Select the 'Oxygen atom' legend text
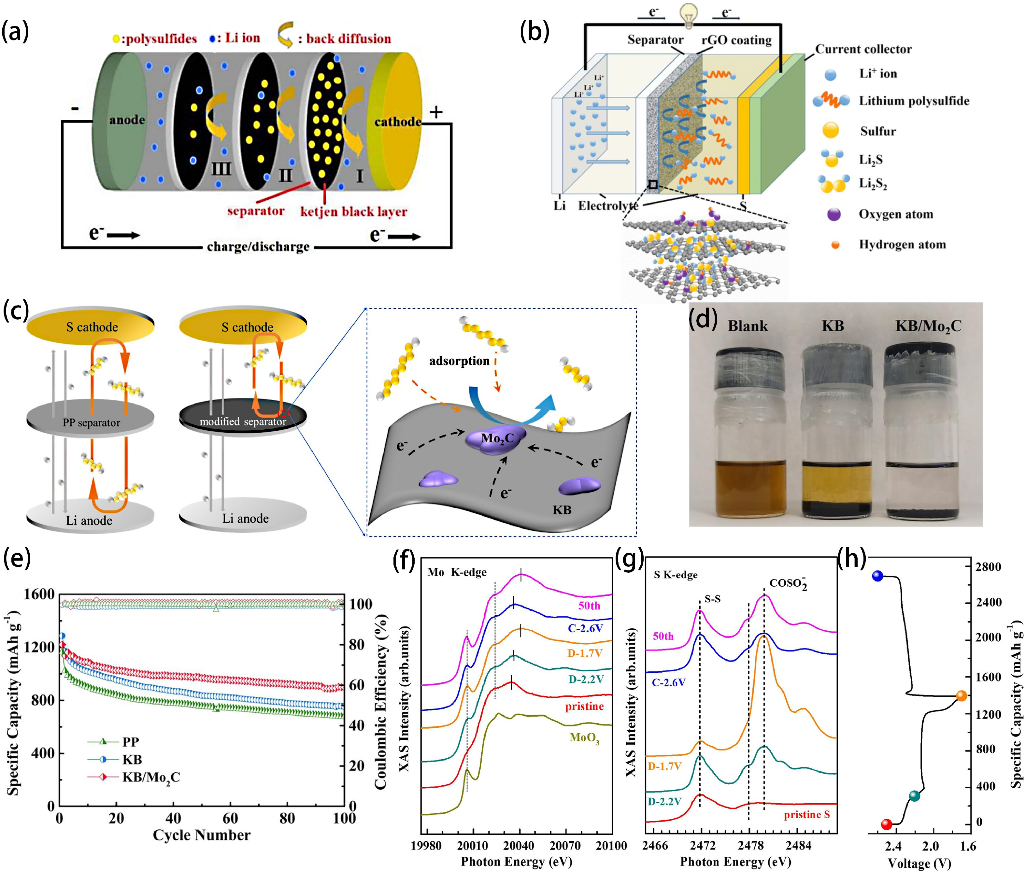click(895, 214)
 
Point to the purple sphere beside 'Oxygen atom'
click(834, 214)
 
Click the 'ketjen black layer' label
click(353, 212)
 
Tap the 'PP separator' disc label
click(91, 422)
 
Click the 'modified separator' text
click(243, 422)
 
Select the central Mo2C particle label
click(497, 438)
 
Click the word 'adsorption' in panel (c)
click(459, 361)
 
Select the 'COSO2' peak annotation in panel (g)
click(788, 583)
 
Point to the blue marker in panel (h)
click(877, 576)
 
